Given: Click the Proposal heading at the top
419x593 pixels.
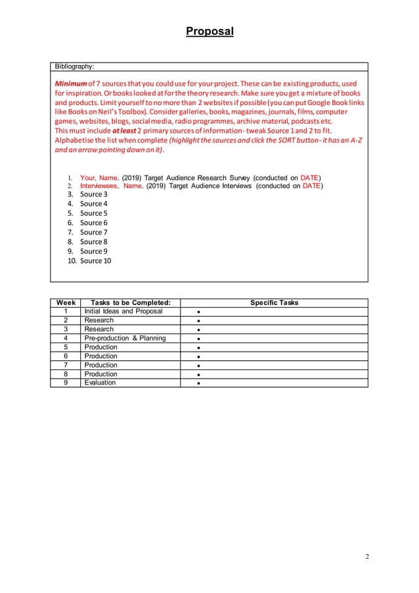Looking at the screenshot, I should pos(209,31).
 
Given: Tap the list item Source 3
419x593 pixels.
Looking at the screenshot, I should pos(93,194).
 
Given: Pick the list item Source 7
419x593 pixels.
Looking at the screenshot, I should pos(93,232).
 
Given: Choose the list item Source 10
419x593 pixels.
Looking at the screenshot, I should pos(95,261).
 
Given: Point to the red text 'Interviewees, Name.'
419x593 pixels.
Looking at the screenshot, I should pos(111,186).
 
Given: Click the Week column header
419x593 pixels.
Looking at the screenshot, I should pos(65,302).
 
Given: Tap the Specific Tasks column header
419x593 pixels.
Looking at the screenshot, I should pos(274,302).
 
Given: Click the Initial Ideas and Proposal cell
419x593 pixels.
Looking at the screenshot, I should pos(123,312).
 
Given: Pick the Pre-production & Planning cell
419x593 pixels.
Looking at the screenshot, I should pos(125,339).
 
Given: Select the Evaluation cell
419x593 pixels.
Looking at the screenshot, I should pos(100,383).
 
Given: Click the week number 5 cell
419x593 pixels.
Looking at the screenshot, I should pos(65,347).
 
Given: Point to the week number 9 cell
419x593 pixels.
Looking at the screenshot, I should pos(65,383).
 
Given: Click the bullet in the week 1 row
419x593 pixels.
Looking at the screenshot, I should pos(198,312).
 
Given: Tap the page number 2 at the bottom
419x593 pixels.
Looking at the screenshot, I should pos(366,557).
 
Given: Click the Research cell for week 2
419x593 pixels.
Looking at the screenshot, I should pos(99,320).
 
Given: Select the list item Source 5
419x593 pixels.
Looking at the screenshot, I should pos(93,213).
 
